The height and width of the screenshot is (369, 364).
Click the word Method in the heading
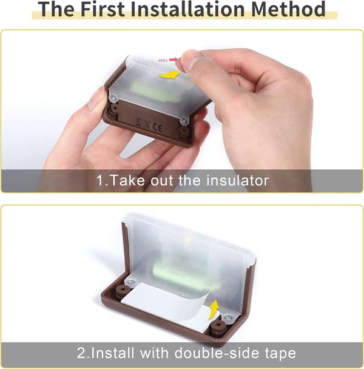(x=288, y=9)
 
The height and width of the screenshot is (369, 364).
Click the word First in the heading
(x=103, y=9)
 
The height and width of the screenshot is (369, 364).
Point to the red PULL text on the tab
(x=163, y=61)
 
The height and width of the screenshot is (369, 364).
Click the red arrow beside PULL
(x=173, y=59)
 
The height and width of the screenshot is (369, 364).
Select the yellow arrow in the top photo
(x=170, y=75)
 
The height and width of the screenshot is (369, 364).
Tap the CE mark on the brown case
(x=157, y=127)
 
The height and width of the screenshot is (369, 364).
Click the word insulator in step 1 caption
(x=237, y=180)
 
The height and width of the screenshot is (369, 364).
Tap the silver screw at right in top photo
(x=184, y=121)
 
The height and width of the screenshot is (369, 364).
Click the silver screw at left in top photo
(x=114, y=98)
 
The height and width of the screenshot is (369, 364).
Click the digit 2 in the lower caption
(x=82, y=353)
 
